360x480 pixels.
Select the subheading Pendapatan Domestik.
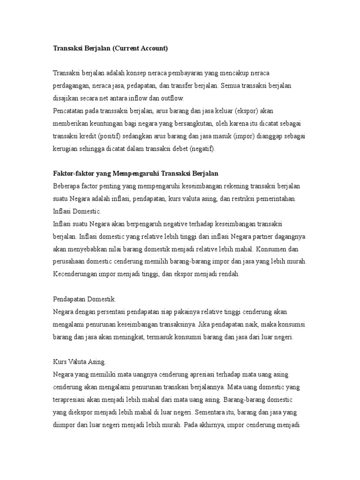click(84, 299)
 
